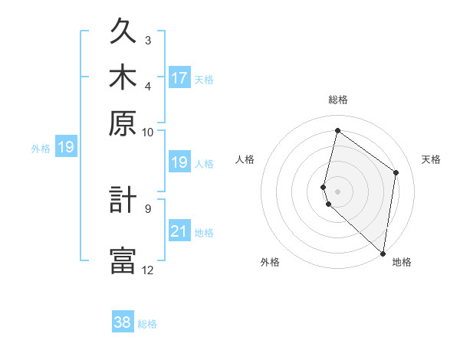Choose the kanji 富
tap(123, 260)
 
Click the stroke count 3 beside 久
tap(148, 40)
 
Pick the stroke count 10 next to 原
tap(148, 132)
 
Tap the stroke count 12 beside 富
tap(148, 270)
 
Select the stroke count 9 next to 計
tap(148, 208)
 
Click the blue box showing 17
tap(179, 78)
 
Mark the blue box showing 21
tap(179, 231)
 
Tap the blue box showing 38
tap(123, 322)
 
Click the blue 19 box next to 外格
tap(66, 147)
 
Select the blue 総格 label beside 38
tap(147, 324)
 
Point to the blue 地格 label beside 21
tap(204, 233)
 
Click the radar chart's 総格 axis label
tap(337, 100)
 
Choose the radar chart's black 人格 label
tap(245, 159)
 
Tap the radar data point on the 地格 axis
tap(383, 254)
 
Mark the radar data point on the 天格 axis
tap(396, 172)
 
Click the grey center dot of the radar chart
tap(337, 191)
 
